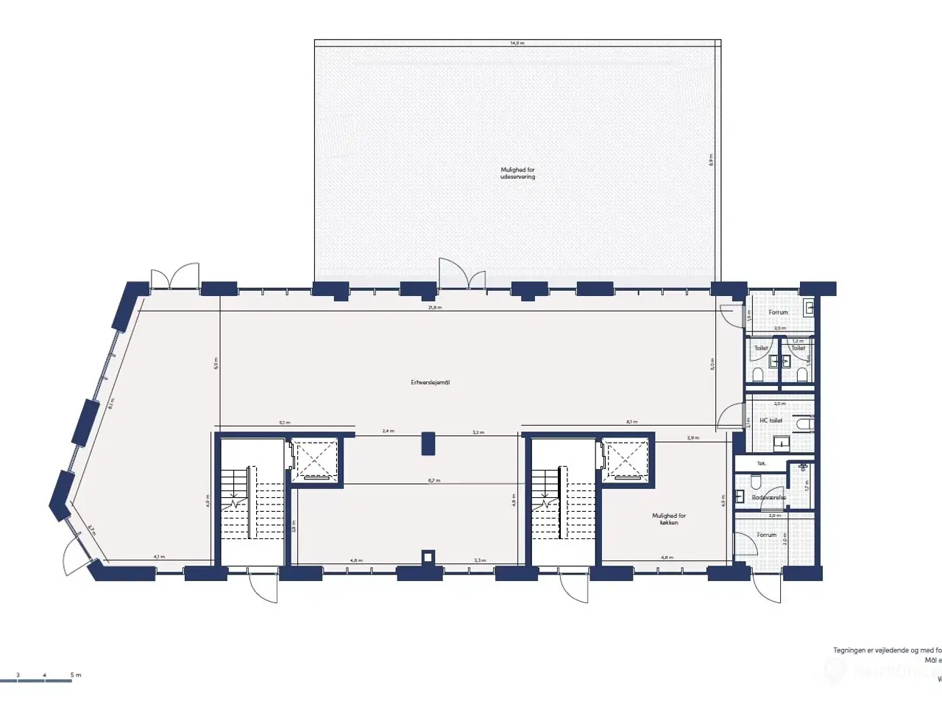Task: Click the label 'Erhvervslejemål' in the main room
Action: click(x=431, y=383)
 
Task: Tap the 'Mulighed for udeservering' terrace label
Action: click(x=517, y=174)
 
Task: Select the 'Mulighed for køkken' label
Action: click(x=669, y=519)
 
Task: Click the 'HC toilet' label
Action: click(x=771, y=421)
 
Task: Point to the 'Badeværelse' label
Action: click(x=768, y=498)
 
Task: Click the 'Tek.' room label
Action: click(x=761, y=463)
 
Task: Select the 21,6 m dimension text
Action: click(x=435, y=307)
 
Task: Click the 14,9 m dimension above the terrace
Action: click(x=517, y=43)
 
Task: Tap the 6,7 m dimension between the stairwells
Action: click(x=433, y=480)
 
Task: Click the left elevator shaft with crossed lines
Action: click(x=314, y=461)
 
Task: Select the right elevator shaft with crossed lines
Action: click(x=625, y=461)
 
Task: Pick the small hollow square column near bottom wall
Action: click(x=427, y=557)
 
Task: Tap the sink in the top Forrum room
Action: click(x=810, y=306)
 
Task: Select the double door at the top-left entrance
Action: click(x=175, y=277)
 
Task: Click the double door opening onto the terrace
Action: click(x=462, y=275)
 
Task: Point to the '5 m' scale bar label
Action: click(x=75, y=675)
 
